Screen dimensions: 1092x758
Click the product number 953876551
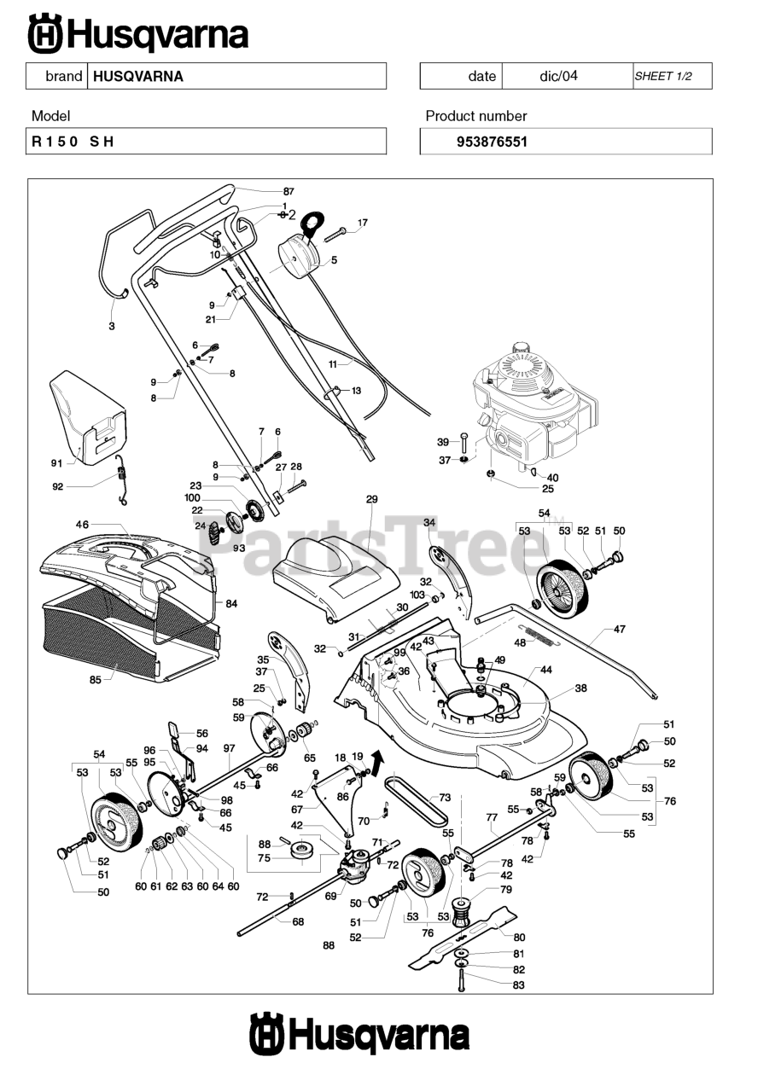pos(493,142)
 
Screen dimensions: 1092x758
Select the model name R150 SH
pos(73,142)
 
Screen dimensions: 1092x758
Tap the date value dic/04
pos(558,76)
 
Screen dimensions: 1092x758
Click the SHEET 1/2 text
pos(662,76)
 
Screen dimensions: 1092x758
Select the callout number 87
pos(289,191)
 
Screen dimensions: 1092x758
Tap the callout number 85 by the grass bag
pos(95,680)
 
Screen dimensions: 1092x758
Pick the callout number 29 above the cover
pos(371,499)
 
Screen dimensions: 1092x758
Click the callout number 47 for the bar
pos(620,630)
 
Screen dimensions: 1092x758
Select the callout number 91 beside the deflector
pos(57,463)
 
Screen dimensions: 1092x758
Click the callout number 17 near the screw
pos(362,223)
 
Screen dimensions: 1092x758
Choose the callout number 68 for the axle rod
pos(298,921)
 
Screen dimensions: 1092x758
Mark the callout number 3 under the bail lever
pos(111,326)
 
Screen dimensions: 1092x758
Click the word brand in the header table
pos(63,76)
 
